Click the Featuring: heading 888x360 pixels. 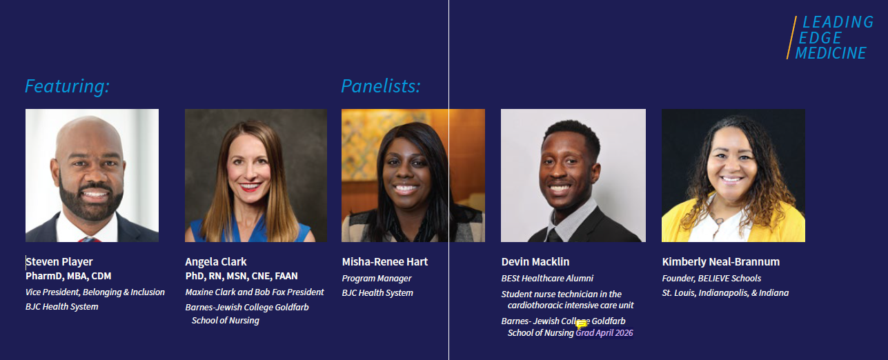pos(67,86)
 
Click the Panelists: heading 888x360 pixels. pos(381,86)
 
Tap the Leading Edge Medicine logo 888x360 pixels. pos(830,38)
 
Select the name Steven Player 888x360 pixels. pos(59,262)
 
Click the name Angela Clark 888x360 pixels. pos(216,262)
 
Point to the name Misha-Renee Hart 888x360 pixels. pos(384,262)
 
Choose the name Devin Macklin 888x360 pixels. pos(535,262)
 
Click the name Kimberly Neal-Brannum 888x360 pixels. pos(721,262)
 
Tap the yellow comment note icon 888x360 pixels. pos(581,325)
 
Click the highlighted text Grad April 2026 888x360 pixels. pos(604,332)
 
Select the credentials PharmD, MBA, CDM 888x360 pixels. pos(68,276)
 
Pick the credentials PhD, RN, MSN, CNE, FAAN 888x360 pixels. pos(241,276)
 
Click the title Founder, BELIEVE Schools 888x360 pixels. pos(711,279)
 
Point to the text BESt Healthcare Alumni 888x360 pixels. pos(547,279)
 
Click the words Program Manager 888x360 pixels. pos(377,279)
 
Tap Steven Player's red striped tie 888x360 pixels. pos(90,239)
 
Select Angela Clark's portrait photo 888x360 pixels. pos(256,175)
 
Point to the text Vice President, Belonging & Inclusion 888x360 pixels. pos(95,292)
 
